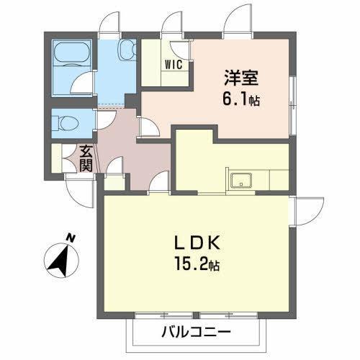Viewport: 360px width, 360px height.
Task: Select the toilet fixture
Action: [x=66, y=122]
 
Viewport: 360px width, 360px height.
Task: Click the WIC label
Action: [x=176, y=63]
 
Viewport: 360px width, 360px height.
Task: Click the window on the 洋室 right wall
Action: [x=292, y=94]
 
